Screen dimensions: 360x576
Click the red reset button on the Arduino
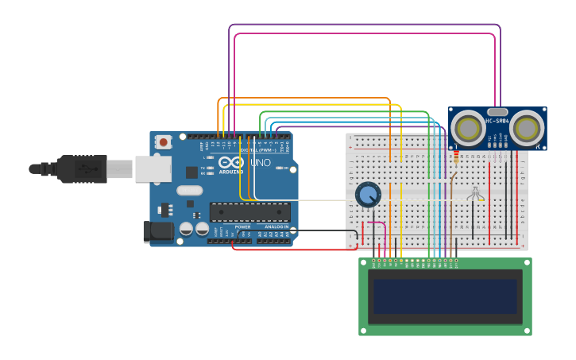coord(164,142)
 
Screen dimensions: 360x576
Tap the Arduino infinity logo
coord(231,161)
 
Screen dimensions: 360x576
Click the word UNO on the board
coord(261,163)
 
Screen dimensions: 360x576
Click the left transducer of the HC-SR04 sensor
coord(469,129)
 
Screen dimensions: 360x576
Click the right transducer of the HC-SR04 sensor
coord(526,129)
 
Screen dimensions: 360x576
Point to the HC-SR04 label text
coord(497,121)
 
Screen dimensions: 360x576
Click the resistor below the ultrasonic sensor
coord(455,158)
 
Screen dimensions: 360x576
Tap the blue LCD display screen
coord(445,296)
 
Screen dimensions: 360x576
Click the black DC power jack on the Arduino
coord(157,231)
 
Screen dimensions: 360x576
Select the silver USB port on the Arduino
coord(153,168)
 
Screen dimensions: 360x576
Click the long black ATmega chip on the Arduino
coord(249,212)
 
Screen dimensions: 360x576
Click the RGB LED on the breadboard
coord(475,193)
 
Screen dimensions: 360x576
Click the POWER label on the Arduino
coord(242,227)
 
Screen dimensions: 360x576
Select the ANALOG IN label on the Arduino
coord(276,227)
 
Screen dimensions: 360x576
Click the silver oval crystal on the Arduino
coord(189,191)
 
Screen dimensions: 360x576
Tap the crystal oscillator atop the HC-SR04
coord(497,112)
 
